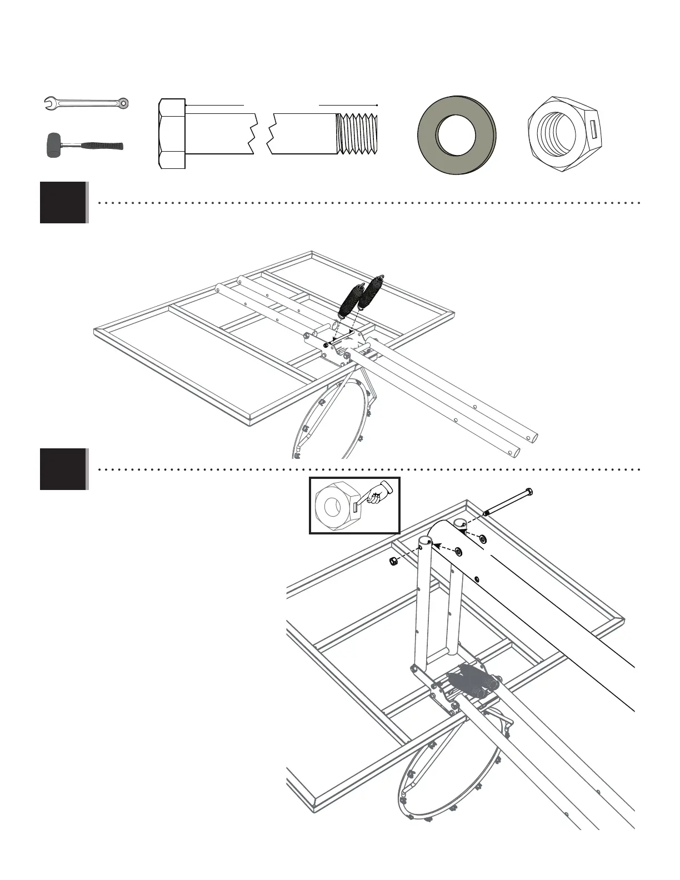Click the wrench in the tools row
[86, 103]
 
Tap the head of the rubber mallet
[53, 145]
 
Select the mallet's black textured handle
[102, 146]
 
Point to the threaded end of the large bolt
[359, 134]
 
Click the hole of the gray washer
[457, 135]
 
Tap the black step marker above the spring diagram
[63, 202]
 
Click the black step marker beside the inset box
[63, 469]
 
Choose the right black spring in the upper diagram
[370, 292]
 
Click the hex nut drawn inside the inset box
[337, 506]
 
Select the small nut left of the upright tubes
[393, 562]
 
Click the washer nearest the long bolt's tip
[483, 539]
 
